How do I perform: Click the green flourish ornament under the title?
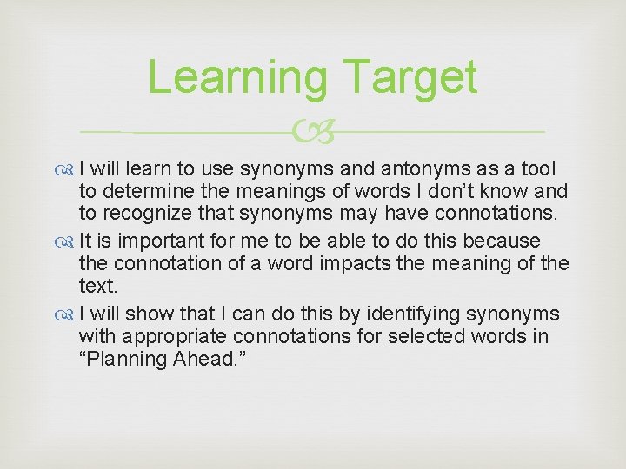tap(312, 133)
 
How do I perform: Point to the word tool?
tap(538, 168)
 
